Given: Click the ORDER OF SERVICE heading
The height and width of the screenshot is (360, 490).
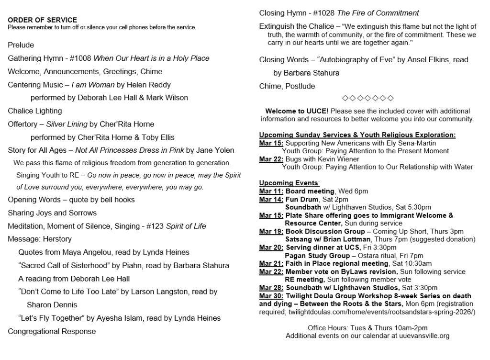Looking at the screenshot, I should tap(42, 20).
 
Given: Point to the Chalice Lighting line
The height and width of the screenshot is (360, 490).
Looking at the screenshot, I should tap(35, 111).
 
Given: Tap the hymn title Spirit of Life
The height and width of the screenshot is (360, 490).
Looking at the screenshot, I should tap(186, 226).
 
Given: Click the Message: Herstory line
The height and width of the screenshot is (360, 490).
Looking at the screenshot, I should tap(40, 239).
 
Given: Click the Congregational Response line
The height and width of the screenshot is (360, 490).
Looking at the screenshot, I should tap(52, 331).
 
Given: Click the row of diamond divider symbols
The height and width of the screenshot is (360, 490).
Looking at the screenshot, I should tap(367, 99).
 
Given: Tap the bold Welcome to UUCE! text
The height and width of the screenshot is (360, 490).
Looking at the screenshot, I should tap(297, 111).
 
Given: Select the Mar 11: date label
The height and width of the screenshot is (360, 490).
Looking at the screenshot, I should tap(271, 191).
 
